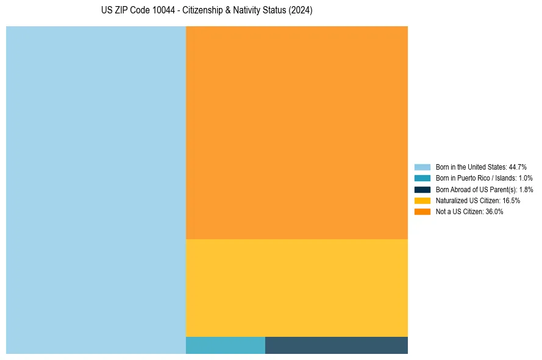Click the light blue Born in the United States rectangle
(x=96, y=190)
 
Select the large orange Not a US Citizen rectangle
(x=296, y=132)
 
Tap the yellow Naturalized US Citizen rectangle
(x=296, y=287)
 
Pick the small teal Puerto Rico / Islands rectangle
(x=225, y=345)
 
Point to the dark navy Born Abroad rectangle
(x=336, y=345)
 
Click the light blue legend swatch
(x=422, y=167)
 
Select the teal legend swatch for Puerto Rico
(x=422, y=178)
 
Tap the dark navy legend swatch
(x=422, y=189)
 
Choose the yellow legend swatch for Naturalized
(x=422, y=200)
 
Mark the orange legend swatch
(x=422, y=211)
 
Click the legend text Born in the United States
(x=471, y=167)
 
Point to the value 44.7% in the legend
(x=518, y=167)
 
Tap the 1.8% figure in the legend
(x=526, y=189)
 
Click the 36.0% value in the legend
(x=494, y=211)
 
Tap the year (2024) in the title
(x=301, y=11)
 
